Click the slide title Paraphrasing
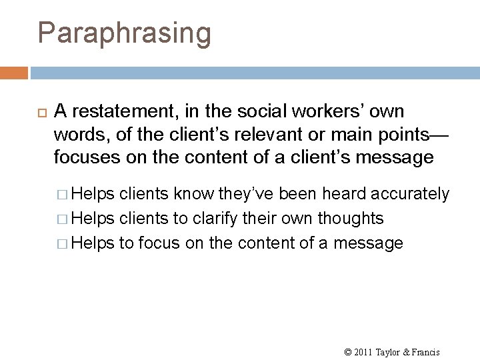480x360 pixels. tap(124, 33)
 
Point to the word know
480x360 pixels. tap(191, 194)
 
